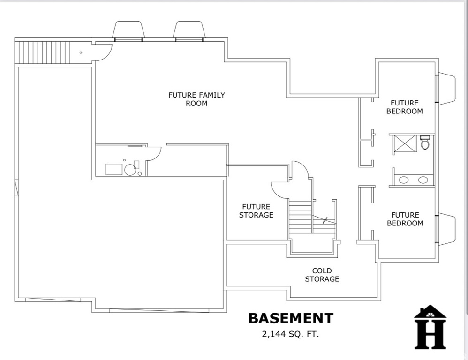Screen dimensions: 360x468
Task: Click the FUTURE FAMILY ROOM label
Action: pyautogui.click(x=196, y=99)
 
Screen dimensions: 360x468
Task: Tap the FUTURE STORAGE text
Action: pyautogui.click(x=256, y=210)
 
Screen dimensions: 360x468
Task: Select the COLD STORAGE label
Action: pyautogui.click(x=322, y=275)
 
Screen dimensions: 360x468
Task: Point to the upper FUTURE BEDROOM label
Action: pyautogui.click(x=404, y=107)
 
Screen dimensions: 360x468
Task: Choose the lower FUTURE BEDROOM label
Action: pyautogui.click(x=404, y=219)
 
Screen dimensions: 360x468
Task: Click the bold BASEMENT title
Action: pyautogui.click(x=291, y=318)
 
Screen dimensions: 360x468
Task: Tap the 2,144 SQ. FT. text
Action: pyautogui.click(x=291, y=334)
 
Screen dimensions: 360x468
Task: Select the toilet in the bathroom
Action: pyautogui.click(x=425, y=142)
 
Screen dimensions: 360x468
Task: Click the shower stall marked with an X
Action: pyautogui.click(x=404, y=144)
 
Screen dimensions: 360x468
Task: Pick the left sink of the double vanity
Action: pyautogui.click(x=404, y=180)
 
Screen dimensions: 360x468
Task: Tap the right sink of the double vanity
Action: pyautogui.click(x=423, y=180)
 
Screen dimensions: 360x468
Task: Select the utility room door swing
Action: pyautogui.click(x=154, y=153)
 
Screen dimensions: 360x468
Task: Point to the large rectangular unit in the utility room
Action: pyautogui.click(x=113, y=169)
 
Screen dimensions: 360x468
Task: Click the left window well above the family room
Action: pyautogui.click(x=128, y=30)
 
